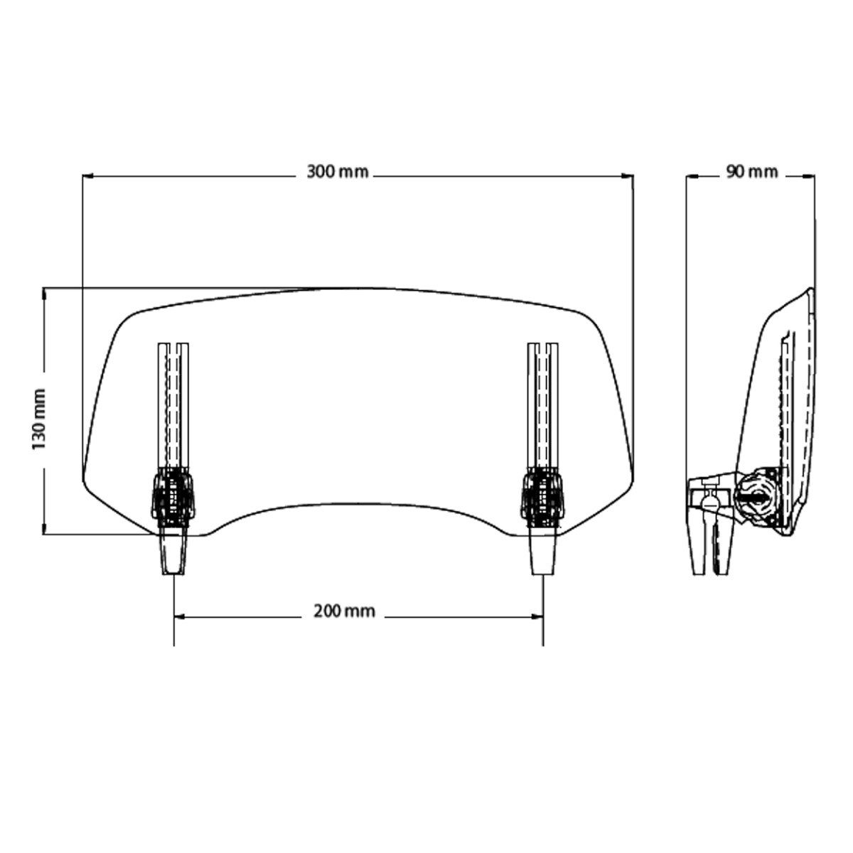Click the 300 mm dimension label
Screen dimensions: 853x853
tap(337, 172)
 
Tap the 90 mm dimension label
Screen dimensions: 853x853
tap(751, 172)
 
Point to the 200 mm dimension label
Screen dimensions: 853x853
tap(344, 611)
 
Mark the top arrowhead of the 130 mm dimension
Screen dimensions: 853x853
tap(45, 292)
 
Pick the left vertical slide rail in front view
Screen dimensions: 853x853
tap(173, 405)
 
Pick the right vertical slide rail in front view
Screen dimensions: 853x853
tap(544, 405)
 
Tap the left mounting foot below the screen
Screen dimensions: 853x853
tap(173, 550)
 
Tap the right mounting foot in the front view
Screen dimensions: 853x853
tap(543, 550)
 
